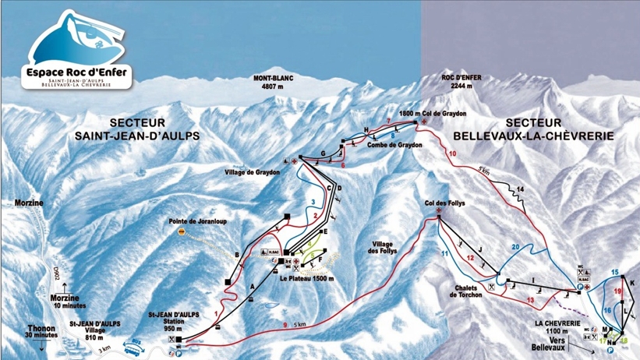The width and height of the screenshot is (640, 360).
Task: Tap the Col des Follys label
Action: click(x=447, y=203)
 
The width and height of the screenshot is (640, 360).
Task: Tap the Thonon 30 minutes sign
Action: click(x=41, y=332)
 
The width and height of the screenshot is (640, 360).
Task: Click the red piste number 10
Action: click(x=452, y=154)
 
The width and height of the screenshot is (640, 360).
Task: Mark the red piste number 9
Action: click(x=285, y=324)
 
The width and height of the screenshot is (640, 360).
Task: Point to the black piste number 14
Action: click(x=521, y=190)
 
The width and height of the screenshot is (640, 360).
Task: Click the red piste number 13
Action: click(x=530, y=299)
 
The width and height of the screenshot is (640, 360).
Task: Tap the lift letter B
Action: click(x=235, y=255)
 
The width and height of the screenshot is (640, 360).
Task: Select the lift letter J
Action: click(x=481, y=249)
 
